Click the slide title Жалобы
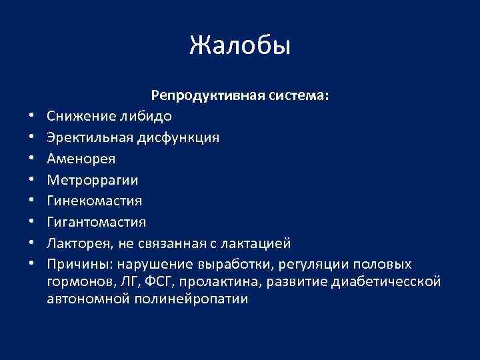pyautogui.click(x=240, y=46)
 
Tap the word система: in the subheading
pyautogui.click(x=298, y=96)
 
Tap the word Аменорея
pyautogui.click(x=81, y=159)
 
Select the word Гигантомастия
pyautogui.click(x=97, y=221)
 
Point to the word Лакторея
pyautogui.click(x=76, y=243)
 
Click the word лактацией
pyautogui.click(x=257, y=243)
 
